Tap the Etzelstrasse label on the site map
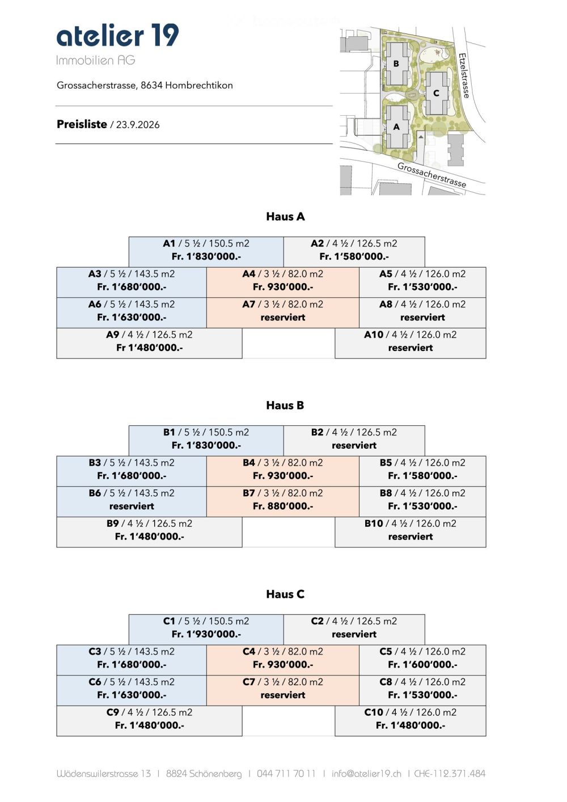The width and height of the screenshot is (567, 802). click(x=464, y=75)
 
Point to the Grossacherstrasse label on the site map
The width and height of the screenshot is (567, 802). click(x=431, y=175)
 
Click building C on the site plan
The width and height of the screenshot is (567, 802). click(x=436, y=93)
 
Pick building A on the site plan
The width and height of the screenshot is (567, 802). click(x=396, y=126)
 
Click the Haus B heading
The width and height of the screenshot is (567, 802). click(x=285, y=406)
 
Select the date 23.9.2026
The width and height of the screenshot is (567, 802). click(x=138, y=125)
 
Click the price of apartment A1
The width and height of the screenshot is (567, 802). click(x=206, y=256)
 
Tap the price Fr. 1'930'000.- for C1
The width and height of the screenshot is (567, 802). click(x=206, y=634)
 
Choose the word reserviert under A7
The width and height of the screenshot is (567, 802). click(x=283, y=317)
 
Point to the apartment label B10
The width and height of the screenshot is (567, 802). click(x=374, y=524)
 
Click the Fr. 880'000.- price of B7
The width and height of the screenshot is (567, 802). click(x=283, y=506)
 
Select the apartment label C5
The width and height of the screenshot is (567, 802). click(x=386, y=651)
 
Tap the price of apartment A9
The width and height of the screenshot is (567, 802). click(x=150, y=348)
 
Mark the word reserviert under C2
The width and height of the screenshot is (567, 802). click(x=354, y=634)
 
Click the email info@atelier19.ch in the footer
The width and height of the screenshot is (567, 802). click(x=366, y=774)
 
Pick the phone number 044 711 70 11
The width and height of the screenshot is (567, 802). click(x=286, y=774)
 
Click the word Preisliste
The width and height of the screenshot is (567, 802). click(x=82, y=124)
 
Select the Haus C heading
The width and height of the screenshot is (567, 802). click(x=285, y=594)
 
